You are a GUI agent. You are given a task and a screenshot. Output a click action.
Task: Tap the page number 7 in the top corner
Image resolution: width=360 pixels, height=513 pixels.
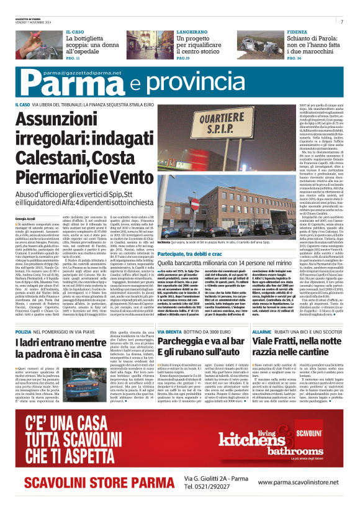coord(342,21)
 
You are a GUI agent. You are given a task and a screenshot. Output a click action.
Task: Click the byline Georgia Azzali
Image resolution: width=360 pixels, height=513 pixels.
coord(26,237)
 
